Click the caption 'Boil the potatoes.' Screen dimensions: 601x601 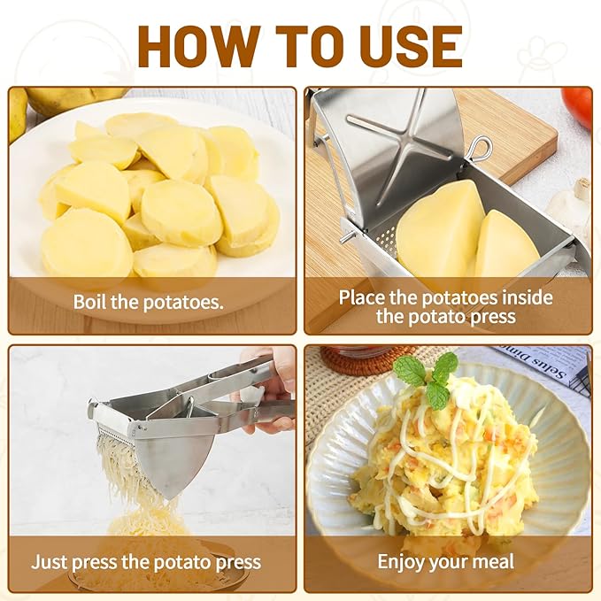click(148, 302)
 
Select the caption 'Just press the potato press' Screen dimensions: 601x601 click(146, 561)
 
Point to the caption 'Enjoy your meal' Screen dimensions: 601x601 click(445, 561)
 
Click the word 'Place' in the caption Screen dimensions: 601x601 click(365, 297)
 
